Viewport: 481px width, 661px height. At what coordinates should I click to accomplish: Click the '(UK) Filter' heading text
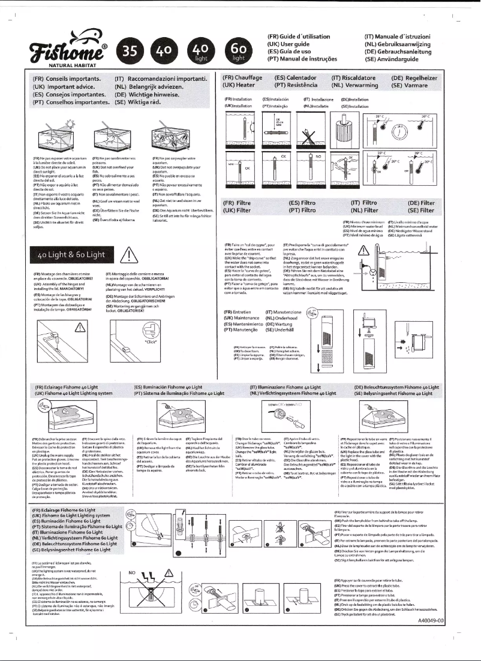(238, 210)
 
